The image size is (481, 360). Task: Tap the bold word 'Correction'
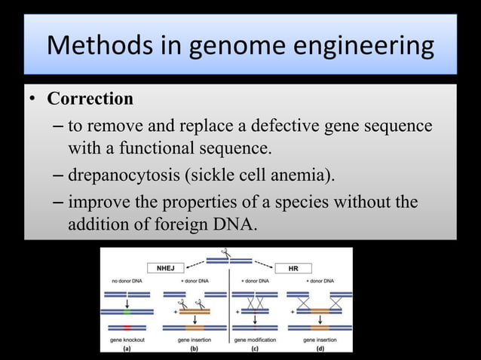tap(90, 99)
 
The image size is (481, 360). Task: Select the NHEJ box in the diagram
tap(164, 267)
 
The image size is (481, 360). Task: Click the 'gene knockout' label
tap(127, 340)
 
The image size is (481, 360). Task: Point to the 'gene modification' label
tap(256, 340)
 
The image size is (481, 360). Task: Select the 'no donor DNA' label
tap(127, 280)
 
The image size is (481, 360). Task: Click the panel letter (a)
tap(126, 347)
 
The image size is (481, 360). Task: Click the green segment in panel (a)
tap(127, 310)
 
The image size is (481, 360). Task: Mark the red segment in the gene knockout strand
tap(127, 328)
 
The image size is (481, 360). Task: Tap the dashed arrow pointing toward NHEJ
tap(198, 264)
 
